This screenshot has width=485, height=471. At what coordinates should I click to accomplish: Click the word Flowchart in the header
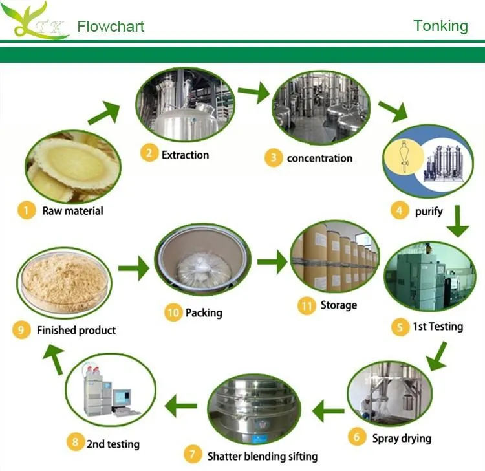[x=111, y=27]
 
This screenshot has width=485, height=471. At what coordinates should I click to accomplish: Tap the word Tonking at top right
[x=440, y=26]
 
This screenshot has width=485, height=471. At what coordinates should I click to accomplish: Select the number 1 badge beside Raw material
[x=27, y=210]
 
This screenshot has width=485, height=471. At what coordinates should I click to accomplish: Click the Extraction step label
[x=185, y=155]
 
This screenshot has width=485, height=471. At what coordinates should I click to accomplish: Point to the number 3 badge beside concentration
[x=274, y=158]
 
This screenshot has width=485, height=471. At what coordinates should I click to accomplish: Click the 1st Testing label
[x=438, y=326]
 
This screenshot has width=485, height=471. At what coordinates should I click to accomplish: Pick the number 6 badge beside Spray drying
[x=356, y=437]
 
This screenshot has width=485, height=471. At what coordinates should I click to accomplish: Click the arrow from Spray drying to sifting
[x=329, y=409]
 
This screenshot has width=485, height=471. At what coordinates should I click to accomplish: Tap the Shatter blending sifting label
[x=262, y=456]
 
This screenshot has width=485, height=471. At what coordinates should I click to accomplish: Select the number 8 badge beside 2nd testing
[x=76, y=443]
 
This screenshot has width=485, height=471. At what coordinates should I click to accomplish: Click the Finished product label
[x=76, y=330]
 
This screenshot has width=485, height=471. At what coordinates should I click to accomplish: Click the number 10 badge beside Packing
[x=172, y=312]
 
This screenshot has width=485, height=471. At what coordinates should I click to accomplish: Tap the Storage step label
[x=338, y=305]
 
